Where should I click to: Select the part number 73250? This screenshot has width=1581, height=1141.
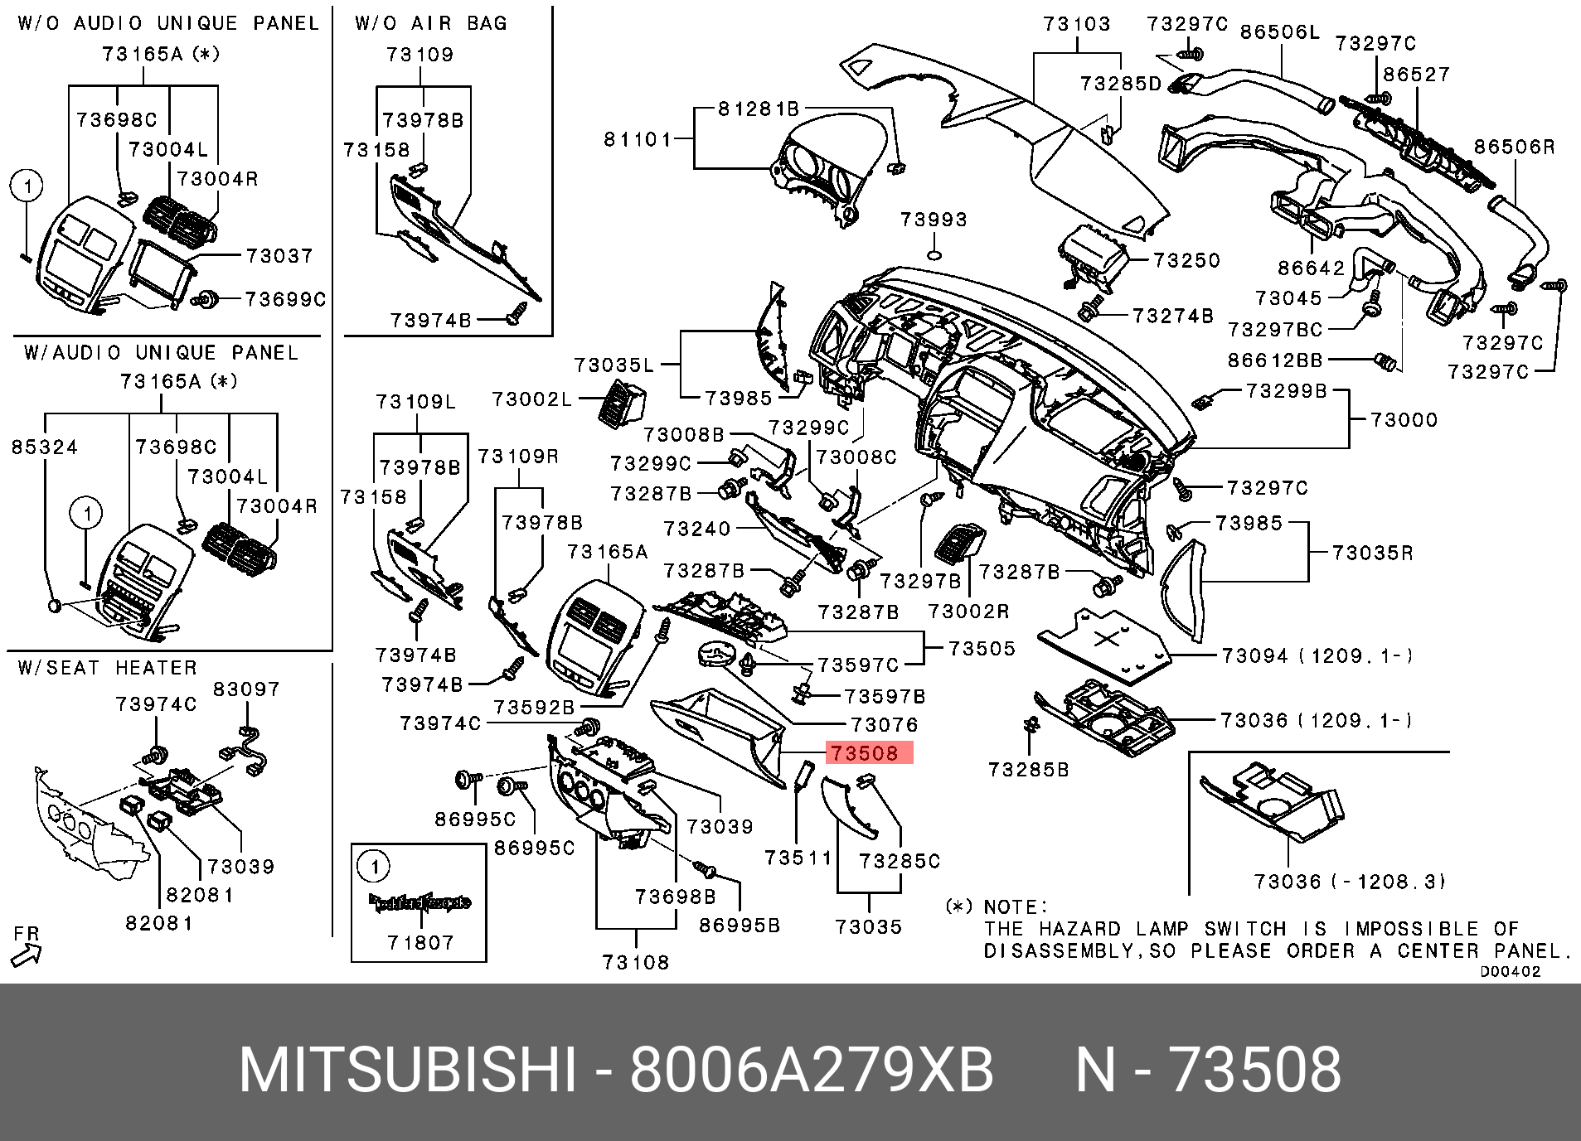[1187, 260]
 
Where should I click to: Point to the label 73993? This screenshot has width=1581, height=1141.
[934, 220]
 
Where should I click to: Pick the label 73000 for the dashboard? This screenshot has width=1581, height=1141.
[1404, 420]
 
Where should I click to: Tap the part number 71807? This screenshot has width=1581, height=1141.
[420, 942]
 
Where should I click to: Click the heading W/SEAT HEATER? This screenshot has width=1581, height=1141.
[108, 668]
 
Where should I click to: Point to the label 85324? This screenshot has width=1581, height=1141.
[45, 447]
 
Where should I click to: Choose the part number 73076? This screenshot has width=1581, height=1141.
[885, 725]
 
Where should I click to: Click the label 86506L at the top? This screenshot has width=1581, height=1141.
[1279, 32]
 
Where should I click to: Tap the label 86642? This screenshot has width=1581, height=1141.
[1311, 268]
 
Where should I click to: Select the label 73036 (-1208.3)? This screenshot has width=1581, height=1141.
[1349, 881]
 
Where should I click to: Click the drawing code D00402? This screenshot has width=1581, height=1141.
[1510, 971]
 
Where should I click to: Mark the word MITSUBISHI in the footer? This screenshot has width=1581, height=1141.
[407, 1070]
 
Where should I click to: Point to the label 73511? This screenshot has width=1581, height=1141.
[798, 858]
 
